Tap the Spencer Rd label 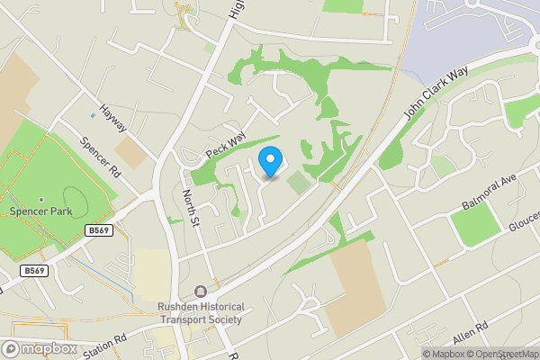(100, 156)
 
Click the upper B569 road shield (100, 231)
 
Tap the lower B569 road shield (33, 271)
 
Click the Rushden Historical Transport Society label (200, 313)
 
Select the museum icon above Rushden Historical (199, 292)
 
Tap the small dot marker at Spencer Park (40, 200)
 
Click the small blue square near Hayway (93, 115)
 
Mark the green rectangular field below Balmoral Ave (474, 226)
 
